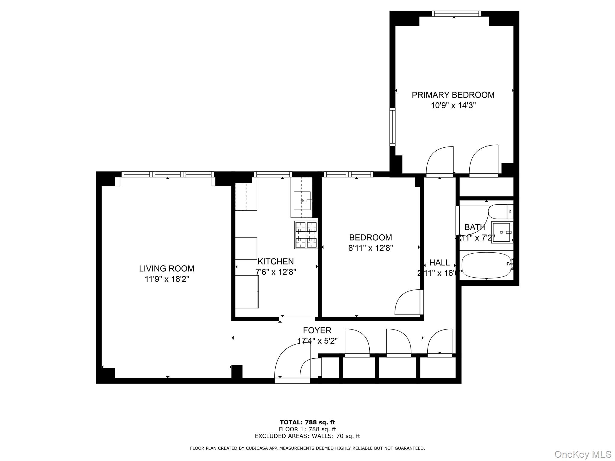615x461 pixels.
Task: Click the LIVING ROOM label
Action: (166, 268)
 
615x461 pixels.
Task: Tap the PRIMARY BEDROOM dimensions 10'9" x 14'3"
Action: (453, 106)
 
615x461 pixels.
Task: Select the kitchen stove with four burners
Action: (306, 235)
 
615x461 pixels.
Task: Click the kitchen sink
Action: (302, 200)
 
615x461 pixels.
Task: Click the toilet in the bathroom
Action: (500, 212)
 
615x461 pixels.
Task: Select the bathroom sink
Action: (501, 232)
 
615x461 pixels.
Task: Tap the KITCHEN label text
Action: (276, 261)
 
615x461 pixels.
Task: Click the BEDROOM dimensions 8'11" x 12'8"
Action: (371, 248)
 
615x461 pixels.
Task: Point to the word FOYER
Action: (317, 330)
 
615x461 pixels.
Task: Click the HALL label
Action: (439, 263)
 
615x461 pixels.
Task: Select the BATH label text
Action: (475, 227)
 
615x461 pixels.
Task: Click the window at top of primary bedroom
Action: (456, 14)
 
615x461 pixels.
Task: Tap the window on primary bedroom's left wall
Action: (392, 127)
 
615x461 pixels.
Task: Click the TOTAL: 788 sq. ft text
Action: (307, 423)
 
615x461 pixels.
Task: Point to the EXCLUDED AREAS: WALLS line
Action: (307, 436)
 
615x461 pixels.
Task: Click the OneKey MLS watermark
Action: (583, 454)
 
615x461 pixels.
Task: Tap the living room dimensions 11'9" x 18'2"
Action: (167, 279)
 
